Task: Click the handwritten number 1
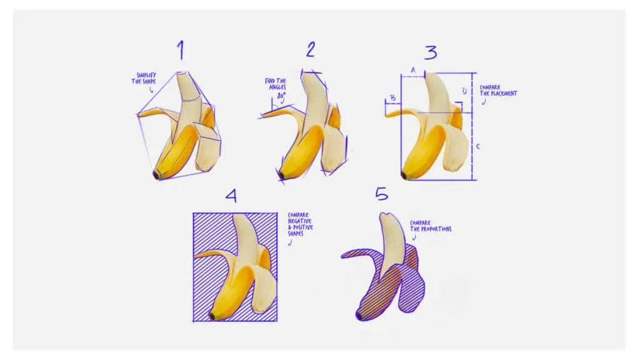(181, 50)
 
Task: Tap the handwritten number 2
(311, 49)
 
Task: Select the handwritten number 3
(431, 52)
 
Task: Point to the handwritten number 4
(231, 196)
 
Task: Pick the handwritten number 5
(382, 194)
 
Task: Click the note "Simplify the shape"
(144, 78)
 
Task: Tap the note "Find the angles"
(276, 84)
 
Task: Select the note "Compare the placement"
(498, 90)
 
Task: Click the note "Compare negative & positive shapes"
(301, 224)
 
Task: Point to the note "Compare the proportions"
(431, 226)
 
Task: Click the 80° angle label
(281, 96)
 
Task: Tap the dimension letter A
(413, 70)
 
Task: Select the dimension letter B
(392, 98)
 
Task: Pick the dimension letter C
(478, 146)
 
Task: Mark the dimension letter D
(464, 91)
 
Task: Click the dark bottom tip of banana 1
(156, 175)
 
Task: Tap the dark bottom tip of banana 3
(404, 176)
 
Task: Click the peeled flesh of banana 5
(392, 241)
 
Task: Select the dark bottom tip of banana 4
(212, 316)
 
